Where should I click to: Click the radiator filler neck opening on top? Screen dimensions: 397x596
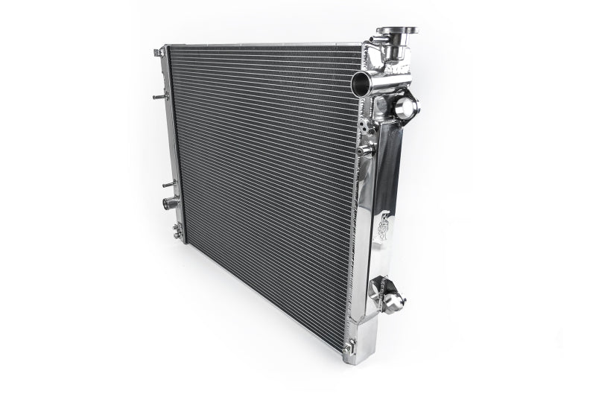396,32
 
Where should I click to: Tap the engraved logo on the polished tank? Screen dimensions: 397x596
384,227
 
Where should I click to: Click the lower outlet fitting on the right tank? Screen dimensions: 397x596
394,302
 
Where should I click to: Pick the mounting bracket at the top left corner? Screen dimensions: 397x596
159,53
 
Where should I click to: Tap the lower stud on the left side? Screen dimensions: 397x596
167,182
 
